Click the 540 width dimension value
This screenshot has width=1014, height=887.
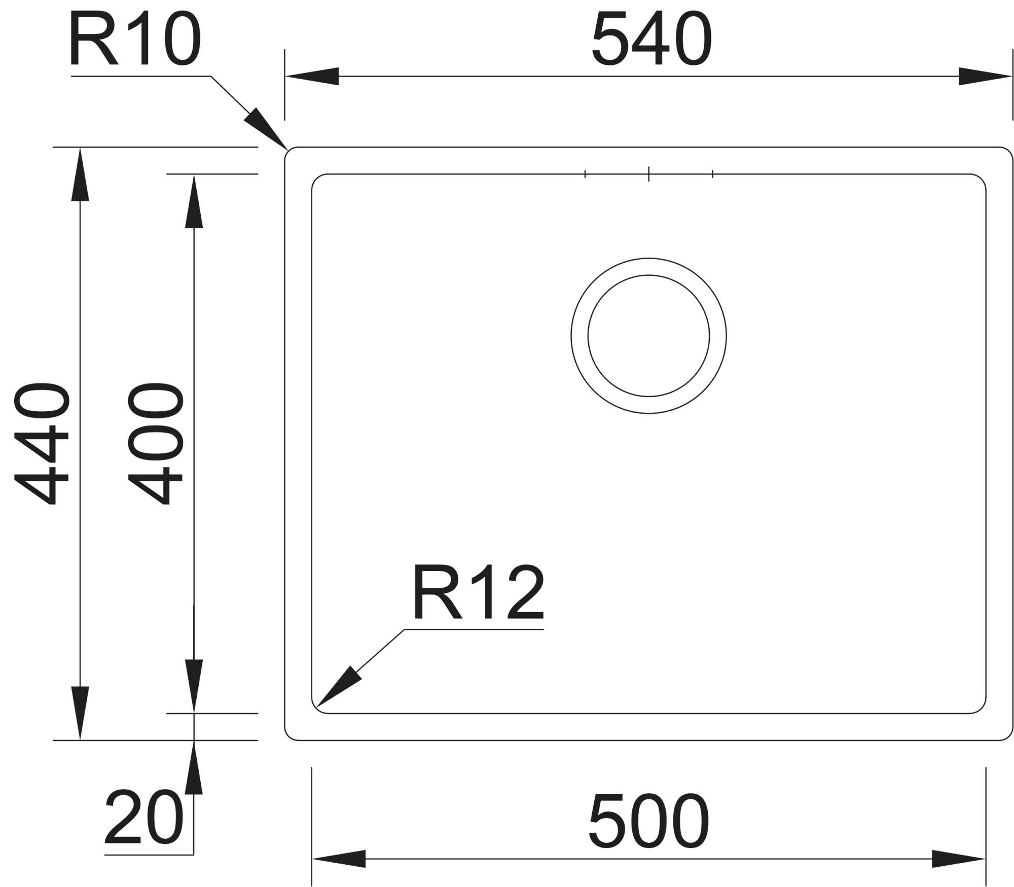651,40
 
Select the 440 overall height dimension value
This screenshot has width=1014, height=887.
41,444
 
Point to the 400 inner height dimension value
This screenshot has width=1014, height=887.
155,444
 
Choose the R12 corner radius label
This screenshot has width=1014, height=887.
479,592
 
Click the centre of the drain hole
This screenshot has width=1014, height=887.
648,336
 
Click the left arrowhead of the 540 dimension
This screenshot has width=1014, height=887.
312,77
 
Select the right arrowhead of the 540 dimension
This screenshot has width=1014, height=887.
985,77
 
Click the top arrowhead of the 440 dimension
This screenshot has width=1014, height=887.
80,174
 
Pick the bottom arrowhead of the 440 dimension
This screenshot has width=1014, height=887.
80,713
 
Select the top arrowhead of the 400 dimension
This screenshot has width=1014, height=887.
194,201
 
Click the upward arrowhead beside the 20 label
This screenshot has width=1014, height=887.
194,767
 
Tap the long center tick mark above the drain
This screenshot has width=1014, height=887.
648,174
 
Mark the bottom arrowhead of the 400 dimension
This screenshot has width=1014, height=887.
194,686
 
